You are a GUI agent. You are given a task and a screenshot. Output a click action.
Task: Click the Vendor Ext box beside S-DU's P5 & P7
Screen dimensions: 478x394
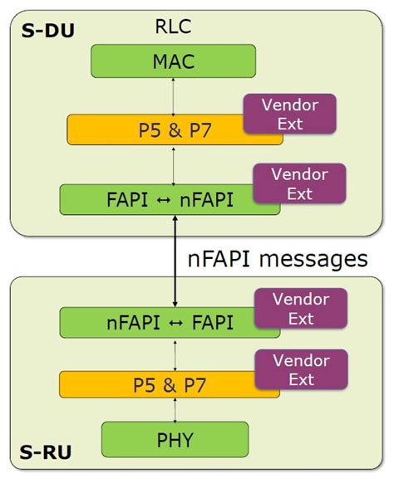(x=289, y=114)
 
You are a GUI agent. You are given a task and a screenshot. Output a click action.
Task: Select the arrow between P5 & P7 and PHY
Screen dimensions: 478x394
(x=174, y=411)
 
